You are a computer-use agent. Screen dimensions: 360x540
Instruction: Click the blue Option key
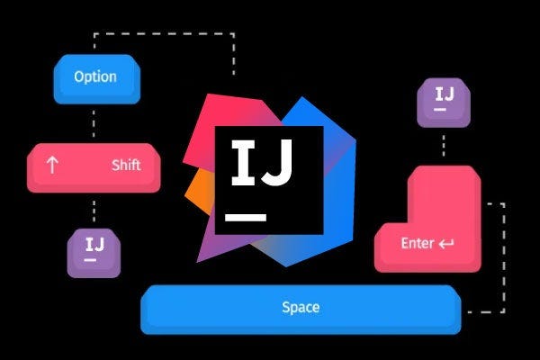[x=95, y=78]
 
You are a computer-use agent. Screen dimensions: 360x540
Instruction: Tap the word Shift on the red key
[x=126, y=166]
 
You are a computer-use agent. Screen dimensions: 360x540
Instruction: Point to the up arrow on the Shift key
[x=51, y=166]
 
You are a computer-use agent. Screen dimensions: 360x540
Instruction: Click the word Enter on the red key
[x=418, y=243]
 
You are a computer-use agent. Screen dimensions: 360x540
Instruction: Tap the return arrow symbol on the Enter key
[x=447, y=243]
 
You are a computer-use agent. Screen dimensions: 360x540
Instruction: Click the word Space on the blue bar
[x=301, y=307]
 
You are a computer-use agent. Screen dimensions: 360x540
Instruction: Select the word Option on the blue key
[x=95, y=76]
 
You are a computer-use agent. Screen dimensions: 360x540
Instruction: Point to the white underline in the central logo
[x=247, y=217]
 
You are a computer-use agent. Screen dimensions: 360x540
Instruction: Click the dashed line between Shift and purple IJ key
[x=94, y=211]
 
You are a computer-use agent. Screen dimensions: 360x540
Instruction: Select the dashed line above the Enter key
[x=444, y=144]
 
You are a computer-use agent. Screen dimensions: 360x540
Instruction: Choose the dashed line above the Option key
[x=162, y=35]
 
